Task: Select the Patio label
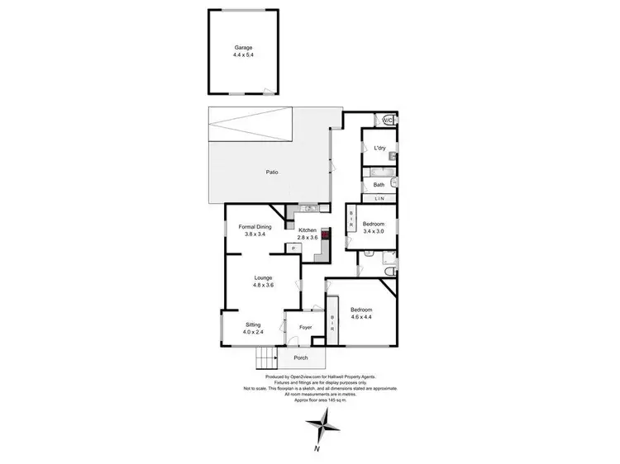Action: pyautogui.click(x=271, y=172)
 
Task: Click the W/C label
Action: pyautogui.click(x=387, y=121)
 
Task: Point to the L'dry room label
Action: pyautogui.click(x=379, y=148)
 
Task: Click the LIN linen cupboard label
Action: pyautogui.click(x=379, y=199)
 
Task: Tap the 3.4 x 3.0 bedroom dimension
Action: pyautogui.click(x=374, y=231)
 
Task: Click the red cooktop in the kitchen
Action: pyautogui.click(x=325, y=234)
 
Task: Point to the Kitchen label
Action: pyautogui.click(x=308, y=230)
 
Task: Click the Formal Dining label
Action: pyautogui.click(x=255, y=227)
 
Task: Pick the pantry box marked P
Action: pyautogui.click(x=293, y=248)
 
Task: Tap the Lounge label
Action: pyautogui.click(x=263, y=277)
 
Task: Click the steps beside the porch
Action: pyautogui.click(x=266, y=358)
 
